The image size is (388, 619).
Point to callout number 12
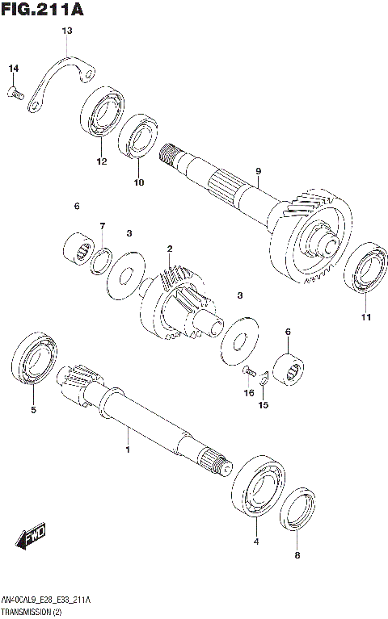click(x=102, y=161)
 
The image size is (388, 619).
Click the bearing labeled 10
click(x=139, y=136)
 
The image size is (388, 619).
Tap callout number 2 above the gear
click(x=170, y=248)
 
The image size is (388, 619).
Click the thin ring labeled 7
click(x=102, y=259)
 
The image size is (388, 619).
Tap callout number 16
click(x=249, y=393)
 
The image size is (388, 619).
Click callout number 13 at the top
click(x=67, y=31)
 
